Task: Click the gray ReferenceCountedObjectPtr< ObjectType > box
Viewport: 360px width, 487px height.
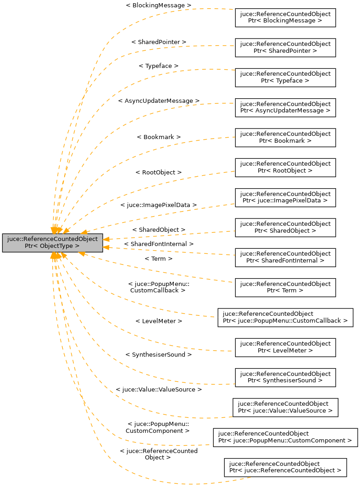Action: click(x=52, y=242)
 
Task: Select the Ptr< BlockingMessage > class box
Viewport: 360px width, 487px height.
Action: click(x=285, y=17)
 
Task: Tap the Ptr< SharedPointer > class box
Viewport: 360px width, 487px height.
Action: click(x=285, y=47)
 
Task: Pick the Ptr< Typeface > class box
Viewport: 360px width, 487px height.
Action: click(x=285, y=77)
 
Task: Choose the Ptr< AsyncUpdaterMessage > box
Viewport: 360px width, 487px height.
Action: click(x=285, y=107)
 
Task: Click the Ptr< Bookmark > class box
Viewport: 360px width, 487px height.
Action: click(x=285, y=137)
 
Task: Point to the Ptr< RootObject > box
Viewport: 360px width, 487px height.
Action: click(x=285, y=167)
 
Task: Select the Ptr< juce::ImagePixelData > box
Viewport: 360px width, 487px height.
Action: click(x=285, y=197)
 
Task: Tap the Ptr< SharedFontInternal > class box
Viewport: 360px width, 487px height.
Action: click(x=285, y=257)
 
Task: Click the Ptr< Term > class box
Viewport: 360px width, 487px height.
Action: click(x=285, y=287)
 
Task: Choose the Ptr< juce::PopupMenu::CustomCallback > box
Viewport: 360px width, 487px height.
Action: click(x=285, y=317)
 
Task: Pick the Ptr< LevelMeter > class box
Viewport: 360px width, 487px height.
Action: click(x=285, y=347)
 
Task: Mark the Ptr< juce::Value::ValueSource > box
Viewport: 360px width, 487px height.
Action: click(x=285, y=407)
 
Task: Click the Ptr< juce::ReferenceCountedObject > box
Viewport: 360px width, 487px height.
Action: click(x=285, y=467)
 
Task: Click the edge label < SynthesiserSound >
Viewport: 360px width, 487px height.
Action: click(x=159, y=355)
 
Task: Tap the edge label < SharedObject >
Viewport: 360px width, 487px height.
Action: click(x=159, y=230)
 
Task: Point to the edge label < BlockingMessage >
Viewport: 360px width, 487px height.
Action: click(x=158, y=5)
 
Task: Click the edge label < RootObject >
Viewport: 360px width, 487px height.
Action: click(x=159, y=173)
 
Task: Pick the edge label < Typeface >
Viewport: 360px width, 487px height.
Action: click(x=159, y=66)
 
